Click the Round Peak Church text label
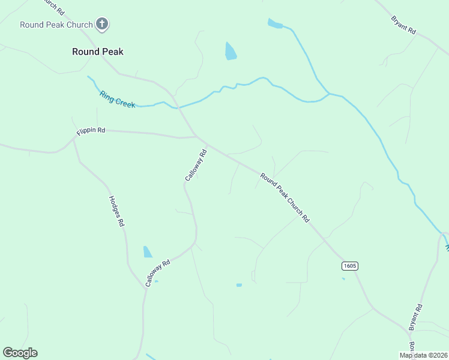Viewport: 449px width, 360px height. point(56,25)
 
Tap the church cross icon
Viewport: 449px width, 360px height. point(102,24)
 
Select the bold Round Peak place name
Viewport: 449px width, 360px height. point(98,52)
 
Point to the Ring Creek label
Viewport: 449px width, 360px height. point(118,99)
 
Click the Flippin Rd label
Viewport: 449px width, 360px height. point(91,131)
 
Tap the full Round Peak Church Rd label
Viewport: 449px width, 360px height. point(285,197)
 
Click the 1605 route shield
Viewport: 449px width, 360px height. point(350,265)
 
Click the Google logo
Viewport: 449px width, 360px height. point(20,353)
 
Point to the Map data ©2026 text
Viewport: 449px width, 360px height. point(424,355)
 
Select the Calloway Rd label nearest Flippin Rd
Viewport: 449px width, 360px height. point(196,166)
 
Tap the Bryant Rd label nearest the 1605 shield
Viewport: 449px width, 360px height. point(416,317)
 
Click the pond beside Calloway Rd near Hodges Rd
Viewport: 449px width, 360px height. point(148,252)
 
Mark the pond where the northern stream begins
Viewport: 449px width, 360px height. point(274,24)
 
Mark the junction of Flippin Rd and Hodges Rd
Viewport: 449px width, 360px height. point(74,138)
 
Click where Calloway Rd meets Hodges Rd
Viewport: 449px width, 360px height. point(145,287)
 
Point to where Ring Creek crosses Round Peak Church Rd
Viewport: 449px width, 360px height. point(177,108)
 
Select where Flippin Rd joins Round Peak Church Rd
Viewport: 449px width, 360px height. point(197,137)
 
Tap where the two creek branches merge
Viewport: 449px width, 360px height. point(328,94)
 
